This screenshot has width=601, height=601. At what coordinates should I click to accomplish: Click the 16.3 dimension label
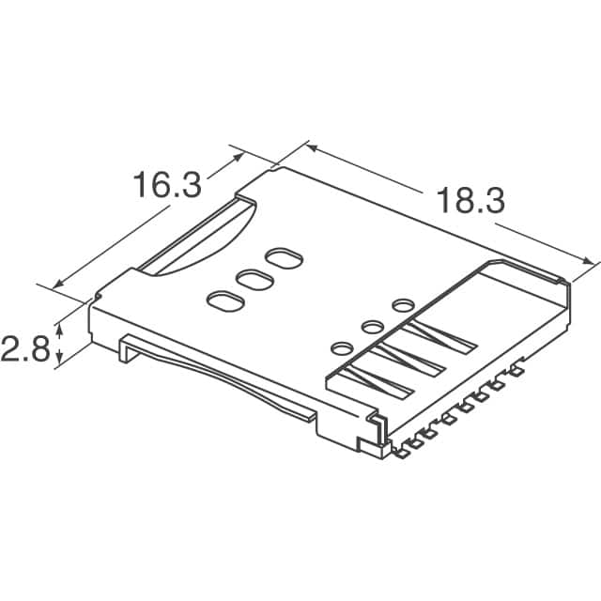(165, 184)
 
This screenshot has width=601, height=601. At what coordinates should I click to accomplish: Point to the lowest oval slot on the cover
(223, 301)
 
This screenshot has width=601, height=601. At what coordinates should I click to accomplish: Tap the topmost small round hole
(404, 304)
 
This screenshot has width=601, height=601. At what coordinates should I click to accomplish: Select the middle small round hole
(371, 326)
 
